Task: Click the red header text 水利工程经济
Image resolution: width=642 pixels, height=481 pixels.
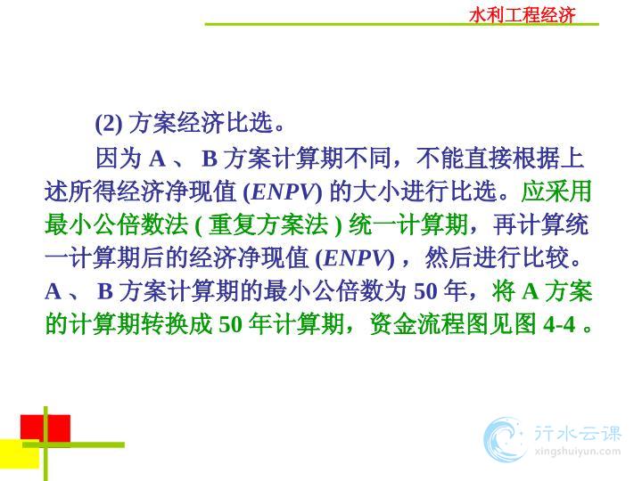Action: (522, 15)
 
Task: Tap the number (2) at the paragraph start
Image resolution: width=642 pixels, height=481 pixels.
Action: (109, 123)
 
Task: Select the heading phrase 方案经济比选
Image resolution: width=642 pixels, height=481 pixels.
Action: (201, 122)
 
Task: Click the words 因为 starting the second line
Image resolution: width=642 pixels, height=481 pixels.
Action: (119, 158)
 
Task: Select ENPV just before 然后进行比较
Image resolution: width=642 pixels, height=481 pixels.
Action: (356, 258)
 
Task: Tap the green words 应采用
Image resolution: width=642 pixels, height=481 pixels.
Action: (556, 192)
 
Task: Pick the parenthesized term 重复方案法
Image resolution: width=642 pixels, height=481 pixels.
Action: (268, 225)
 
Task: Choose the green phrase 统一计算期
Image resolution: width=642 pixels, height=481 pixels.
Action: (407, 225)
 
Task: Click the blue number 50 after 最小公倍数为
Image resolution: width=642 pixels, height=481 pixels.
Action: (426, 292)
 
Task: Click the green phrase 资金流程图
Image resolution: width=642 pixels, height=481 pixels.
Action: (429, 325)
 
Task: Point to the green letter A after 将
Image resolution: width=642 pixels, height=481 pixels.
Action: (531, 292)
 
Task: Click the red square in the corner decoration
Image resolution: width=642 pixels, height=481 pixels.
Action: (45, 428)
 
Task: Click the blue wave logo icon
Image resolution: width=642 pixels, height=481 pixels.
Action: (505, 440)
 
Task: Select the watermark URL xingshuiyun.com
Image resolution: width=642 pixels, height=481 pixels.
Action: (578, 452)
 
